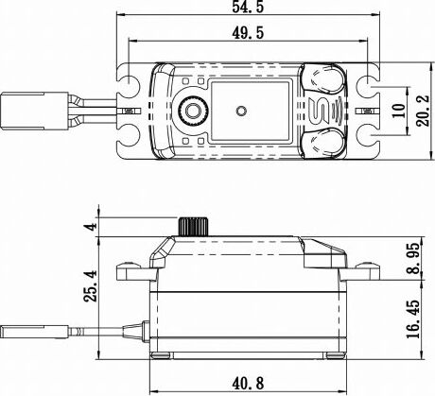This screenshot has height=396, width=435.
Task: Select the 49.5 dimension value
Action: [x=244, y=35]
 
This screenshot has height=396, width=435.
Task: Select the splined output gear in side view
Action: [x=192, y=228]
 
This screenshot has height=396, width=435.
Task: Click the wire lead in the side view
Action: [x=104, y=333]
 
